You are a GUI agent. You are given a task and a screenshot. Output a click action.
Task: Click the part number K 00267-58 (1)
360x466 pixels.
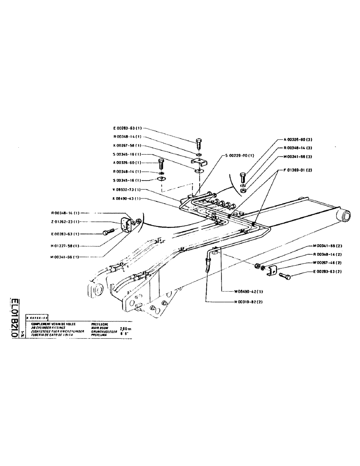click(128, 145)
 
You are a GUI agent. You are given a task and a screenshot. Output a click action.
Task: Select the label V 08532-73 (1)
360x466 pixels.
click(128, 190)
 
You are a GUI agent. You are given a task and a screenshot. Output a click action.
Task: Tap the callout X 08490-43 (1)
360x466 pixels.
click(128, 199)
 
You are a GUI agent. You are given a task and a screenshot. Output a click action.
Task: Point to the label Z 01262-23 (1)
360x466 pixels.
click(65, 222)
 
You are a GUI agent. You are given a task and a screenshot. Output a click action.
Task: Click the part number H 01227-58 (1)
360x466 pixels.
click(65, 246)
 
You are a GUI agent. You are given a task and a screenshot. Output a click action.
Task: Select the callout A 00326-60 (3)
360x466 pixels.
click(300, 139)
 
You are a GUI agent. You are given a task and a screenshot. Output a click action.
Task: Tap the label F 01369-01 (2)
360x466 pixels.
click(299, 170)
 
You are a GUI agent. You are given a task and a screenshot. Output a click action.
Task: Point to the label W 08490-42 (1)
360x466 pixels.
click(250, 291)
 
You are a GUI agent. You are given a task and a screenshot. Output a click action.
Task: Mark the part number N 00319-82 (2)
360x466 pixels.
click(250, 302)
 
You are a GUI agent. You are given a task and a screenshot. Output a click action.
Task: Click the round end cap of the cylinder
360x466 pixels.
click(346, 216)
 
